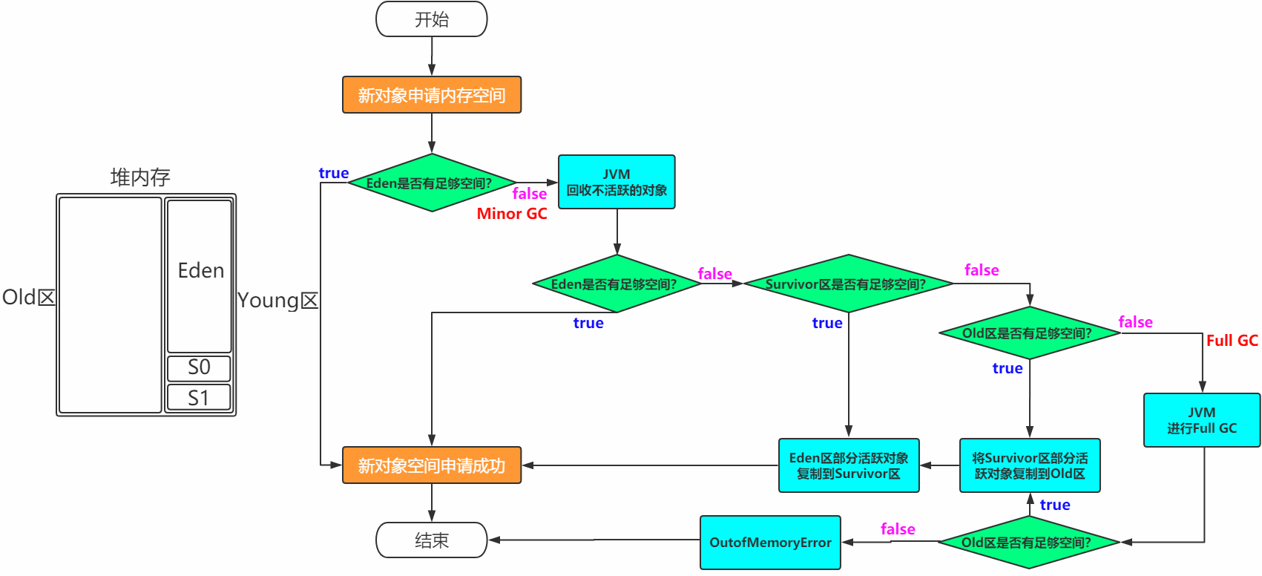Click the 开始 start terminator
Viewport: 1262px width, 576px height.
pyautogui.click(x=431, y=19)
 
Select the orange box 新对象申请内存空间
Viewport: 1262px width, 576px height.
pyautogui.click(x=431, y=95)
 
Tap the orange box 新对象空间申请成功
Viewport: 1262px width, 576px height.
pyautogui.click(x=431, y=465)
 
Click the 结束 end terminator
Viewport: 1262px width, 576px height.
pyautogui.click(x=431, y=540)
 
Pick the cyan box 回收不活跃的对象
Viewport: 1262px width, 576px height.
pyautogui.click(x=617, y=182)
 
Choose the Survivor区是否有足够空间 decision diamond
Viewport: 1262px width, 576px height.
pyautogui.click(x=848, y=284)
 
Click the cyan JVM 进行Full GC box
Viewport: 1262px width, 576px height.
pyautogui.click(x=1201, y=420)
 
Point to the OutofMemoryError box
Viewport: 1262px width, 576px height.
pyautogui.click(x=770, y=543)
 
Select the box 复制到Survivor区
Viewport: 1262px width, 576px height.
pyautogui.click(x=849, y=465)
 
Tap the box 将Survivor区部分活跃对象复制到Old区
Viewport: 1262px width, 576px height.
pyautogui.click(x=1030, y=465)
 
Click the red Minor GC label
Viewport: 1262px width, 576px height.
pyautogui.click(x=512, y=214)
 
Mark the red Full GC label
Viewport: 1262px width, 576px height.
pyautogui.click(x=1232, y=341)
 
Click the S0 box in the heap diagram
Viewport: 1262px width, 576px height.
pyautogui.click(x=199, y=368)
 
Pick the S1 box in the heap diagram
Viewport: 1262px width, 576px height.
pyautogui.click(x=199, y=398)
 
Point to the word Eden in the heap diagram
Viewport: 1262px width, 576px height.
pyautogui.click(x=200, y=271)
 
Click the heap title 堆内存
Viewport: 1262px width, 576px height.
pyautogui.click(x=140, y=177)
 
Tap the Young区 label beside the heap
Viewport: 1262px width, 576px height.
pyautogui.click(x=278, y=301)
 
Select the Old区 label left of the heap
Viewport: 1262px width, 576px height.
pyautogui.click(x=29, y=298)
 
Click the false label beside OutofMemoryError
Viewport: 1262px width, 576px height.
pyautogui.click(x=898, y=529)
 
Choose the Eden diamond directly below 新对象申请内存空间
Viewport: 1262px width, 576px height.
pyautogui.click(x=431, y=183)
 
